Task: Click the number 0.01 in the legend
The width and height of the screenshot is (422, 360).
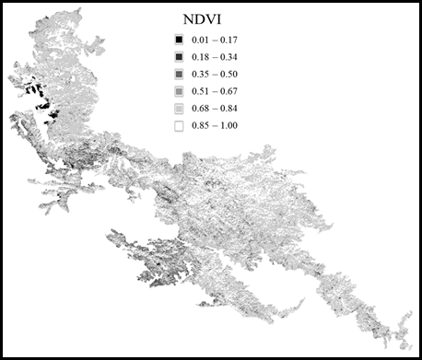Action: pos(199,40)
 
